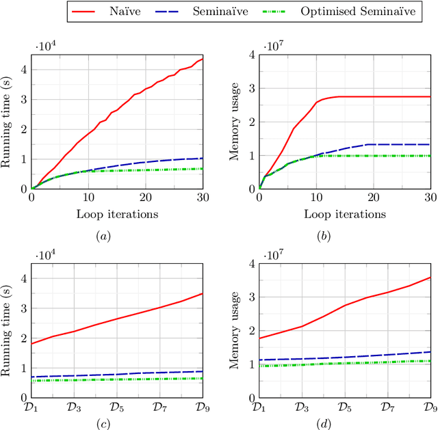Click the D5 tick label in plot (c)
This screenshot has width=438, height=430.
pyautogui.click(x=117, y=407)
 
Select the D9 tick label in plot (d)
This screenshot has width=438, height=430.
pyautogui.click(x=430, y=407)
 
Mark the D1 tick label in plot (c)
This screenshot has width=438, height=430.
pyautogui.click(x=32, y=407)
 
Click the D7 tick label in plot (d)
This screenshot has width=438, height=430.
pyautogui.click(x=387, y=407)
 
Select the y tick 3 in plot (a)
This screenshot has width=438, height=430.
pyautogui.click(x=25, y=99)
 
